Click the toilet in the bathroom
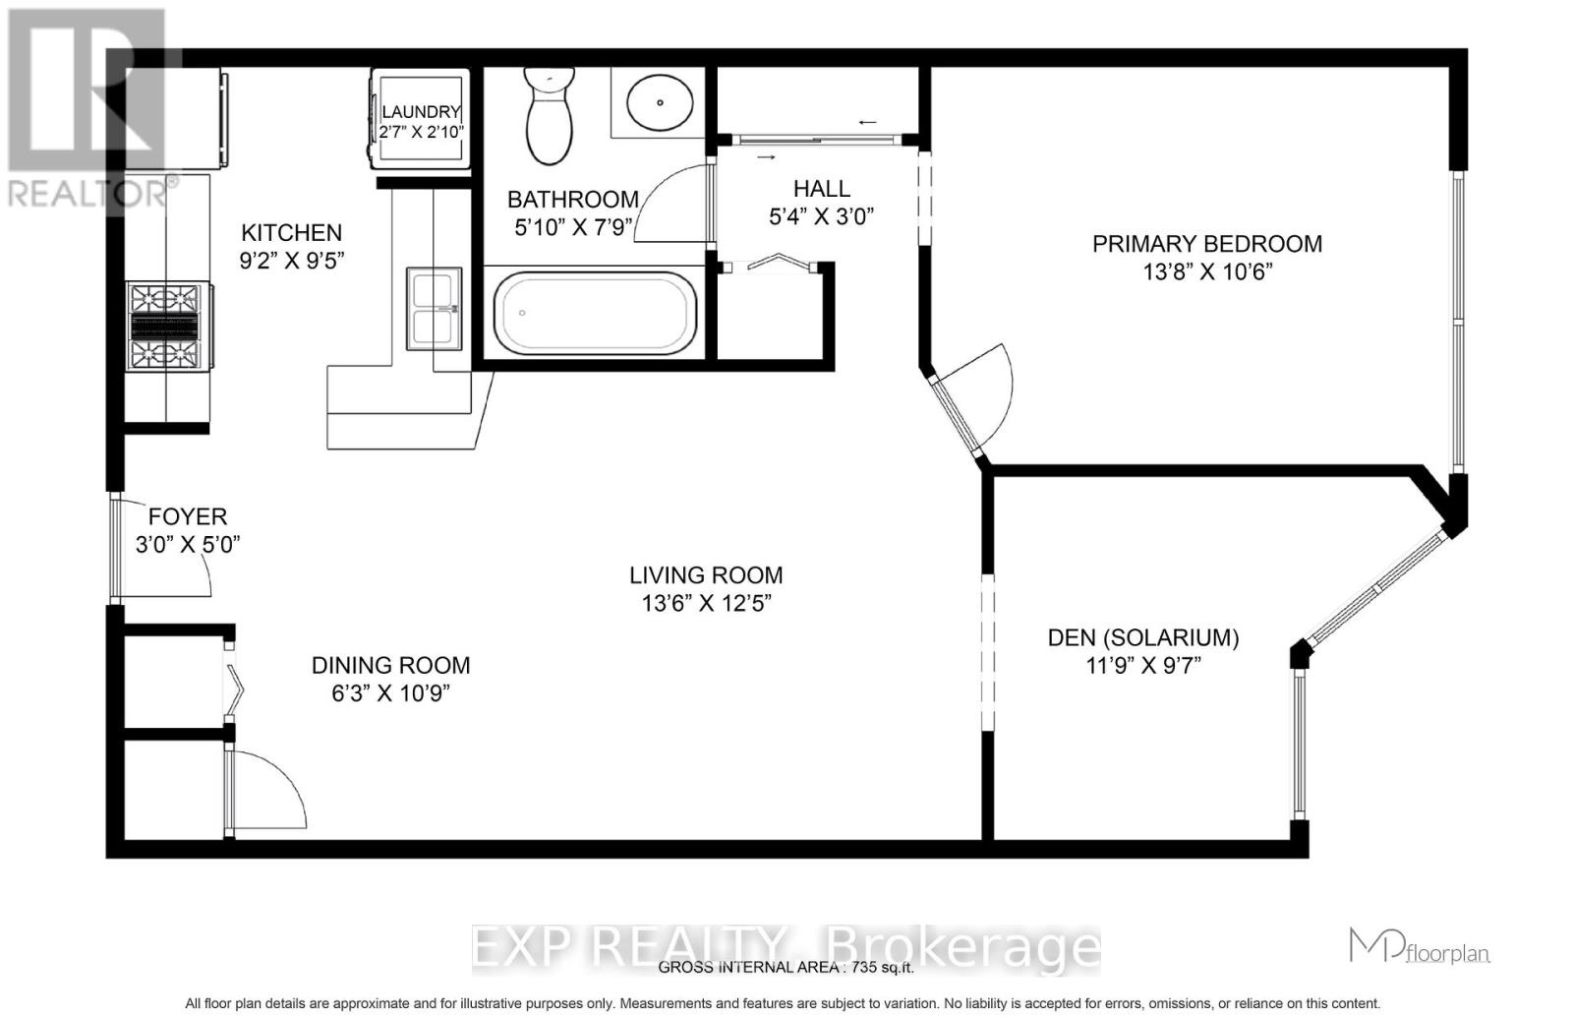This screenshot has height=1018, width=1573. [x=550, y=117]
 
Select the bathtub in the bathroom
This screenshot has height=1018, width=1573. [x=594, y=314]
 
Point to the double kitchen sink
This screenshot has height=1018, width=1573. [x=436, y=308]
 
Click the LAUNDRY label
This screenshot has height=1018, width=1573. [x=421, y=112]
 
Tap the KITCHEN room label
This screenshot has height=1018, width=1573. [x=292, y=233]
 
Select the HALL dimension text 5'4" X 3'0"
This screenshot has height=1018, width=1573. [x=822, y=216]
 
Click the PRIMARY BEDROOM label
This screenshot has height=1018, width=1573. [x=1207, y=244]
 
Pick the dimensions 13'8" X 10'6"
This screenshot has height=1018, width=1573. [x=1207, y=271]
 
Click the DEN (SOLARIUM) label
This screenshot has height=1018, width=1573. [x=1143, y=638]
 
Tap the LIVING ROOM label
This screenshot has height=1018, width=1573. [x=706, y=575]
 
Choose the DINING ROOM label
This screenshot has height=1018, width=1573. [x=391, y=666]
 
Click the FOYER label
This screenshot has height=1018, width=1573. [x=188, y=516]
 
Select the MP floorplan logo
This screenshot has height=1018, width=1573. [x=1419, y=946]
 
